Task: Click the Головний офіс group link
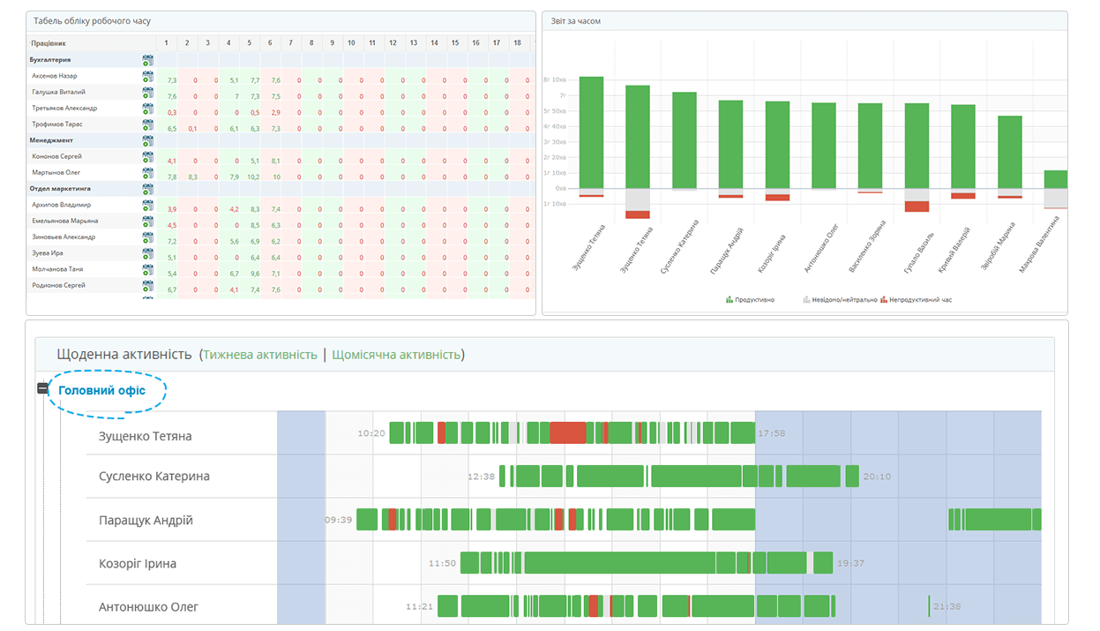point(101,390)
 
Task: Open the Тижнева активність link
point(260,355)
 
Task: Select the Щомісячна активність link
point(396,355)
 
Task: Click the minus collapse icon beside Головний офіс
point(42,389)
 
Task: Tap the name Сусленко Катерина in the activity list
point(154,477)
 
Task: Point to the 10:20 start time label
point(371,433)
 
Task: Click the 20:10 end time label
point(877,477)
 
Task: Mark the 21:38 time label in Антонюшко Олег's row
point(947,607)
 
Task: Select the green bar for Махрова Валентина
point(1055,179)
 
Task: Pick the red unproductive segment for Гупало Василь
point(917,207)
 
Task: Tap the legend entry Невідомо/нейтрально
point(839,300)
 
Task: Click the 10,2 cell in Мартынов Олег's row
point(254,177)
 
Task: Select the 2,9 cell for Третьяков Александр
point(275,112)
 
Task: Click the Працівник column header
point(49,42)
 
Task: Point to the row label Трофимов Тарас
point(58,124)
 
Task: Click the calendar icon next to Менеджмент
point(148,141)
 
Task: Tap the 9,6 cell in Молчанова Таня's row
point(254,274)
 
